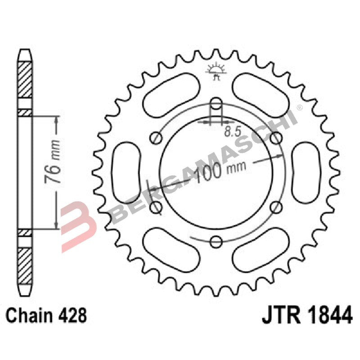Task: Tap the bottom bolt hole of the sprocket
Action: click(x=216, y=242)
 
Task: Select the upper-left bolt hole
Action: click(x=157, y=137)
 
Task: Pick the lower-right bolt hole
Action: click(x=277, y=207)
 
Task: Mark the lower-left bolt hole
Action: click(x=157, y=207)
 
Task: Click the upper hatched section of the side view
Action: click(x=25, y=79)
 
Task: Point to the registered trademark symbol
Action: click(x=299, y=108)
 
